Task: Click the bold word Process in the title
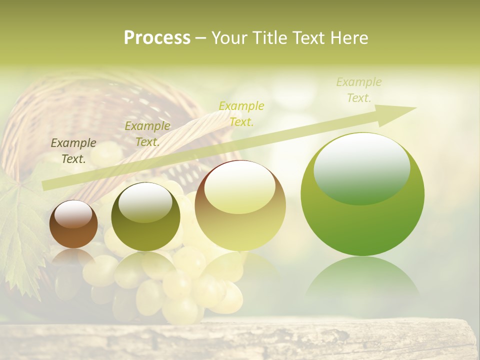pos(157,38)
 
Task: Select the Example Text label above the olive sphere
pos(147,133)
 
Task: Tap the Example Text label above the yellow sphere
pos(241,113)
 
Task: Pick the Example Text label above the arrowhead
pos(359,90)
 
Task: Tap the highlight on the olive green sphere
pos(145,202)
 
